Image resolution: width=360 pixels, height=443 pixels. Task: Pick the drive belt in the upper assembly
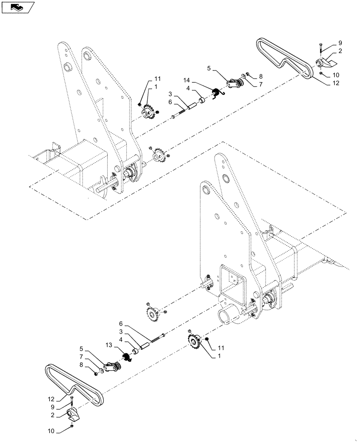(x=284, y=58)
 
